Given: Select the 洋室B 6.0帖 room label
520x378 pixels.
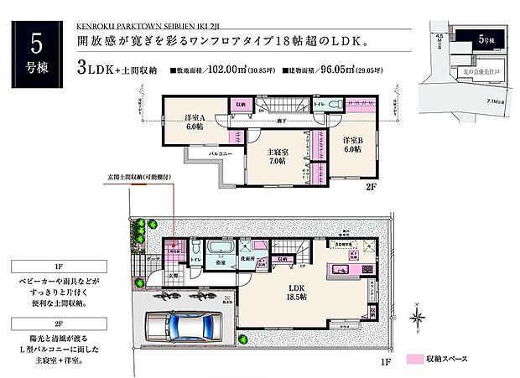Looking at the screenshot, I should pyautogui.click(x=351, y=143).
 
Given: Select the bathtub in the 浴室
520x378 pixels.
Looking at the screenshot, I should pyautogui.click(x=221, y=249).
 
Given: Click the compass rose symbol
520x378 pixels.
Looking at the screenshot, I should pyautogui.click(x=417, y=317).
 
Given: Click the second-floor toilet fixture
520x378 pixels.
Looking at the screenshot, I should pyautogui.click(x=333, y=104).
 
